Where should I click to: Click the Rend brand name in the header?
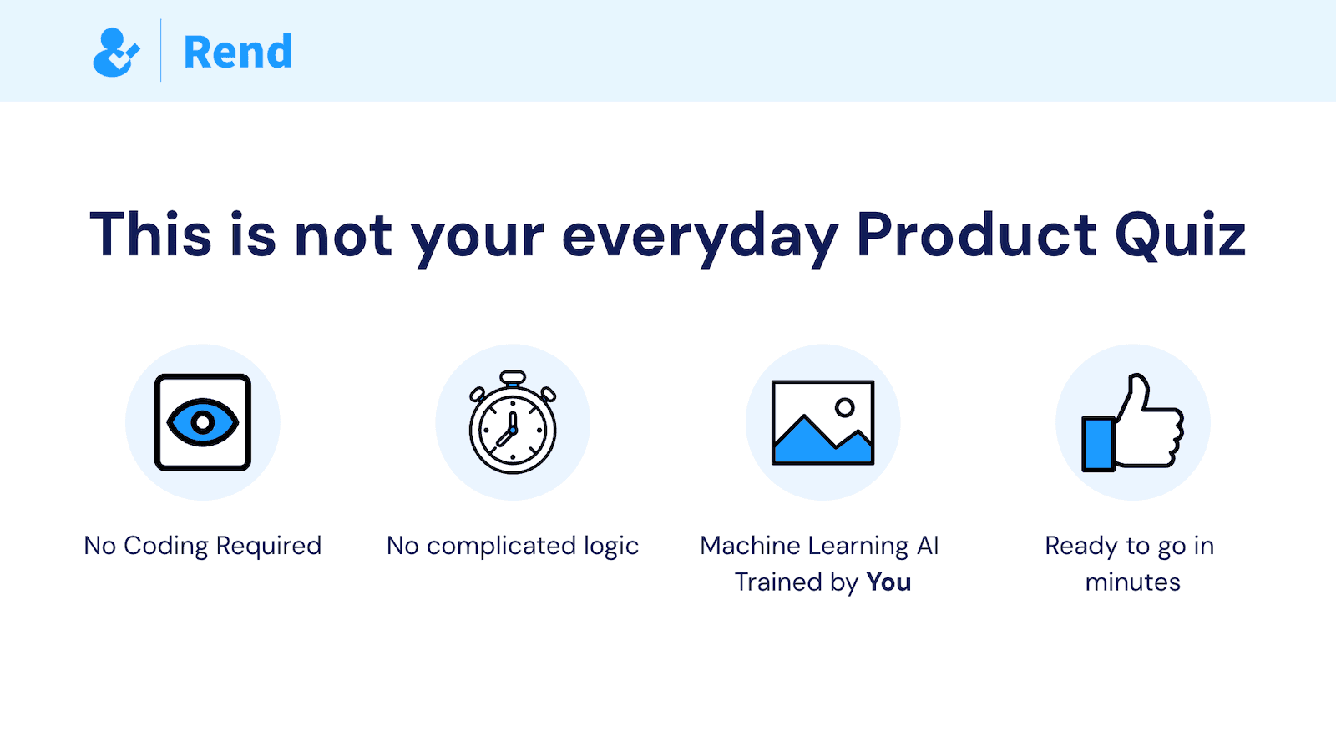[238, 52]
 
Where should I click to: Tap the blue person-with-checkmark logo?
[115, 53]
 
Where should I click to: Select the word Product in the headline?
[976, 235]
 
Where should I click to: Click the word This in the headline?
[150, 235]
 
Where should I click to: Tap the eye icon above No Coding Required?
[203, 422]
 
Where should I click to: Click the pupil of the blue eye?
[202, 422]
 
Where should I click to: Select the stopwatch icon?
[513, 424]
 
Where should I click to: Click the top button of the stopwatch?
[513, 377]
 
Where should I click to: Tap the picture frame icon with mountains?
[822, 422]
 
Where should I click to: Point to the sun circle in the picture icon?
[845, 407]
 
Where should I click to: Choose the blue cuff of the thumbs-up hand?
[1098, 444]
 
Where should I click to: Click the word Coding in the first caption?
[165, 547]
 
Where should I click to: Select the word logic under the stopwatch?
[611, 547]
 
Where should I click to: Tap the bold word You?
[888, 582]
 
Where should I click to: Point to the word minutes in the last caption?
[1133, 582]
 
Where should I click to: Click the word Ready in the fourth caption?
[1080, 547]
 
